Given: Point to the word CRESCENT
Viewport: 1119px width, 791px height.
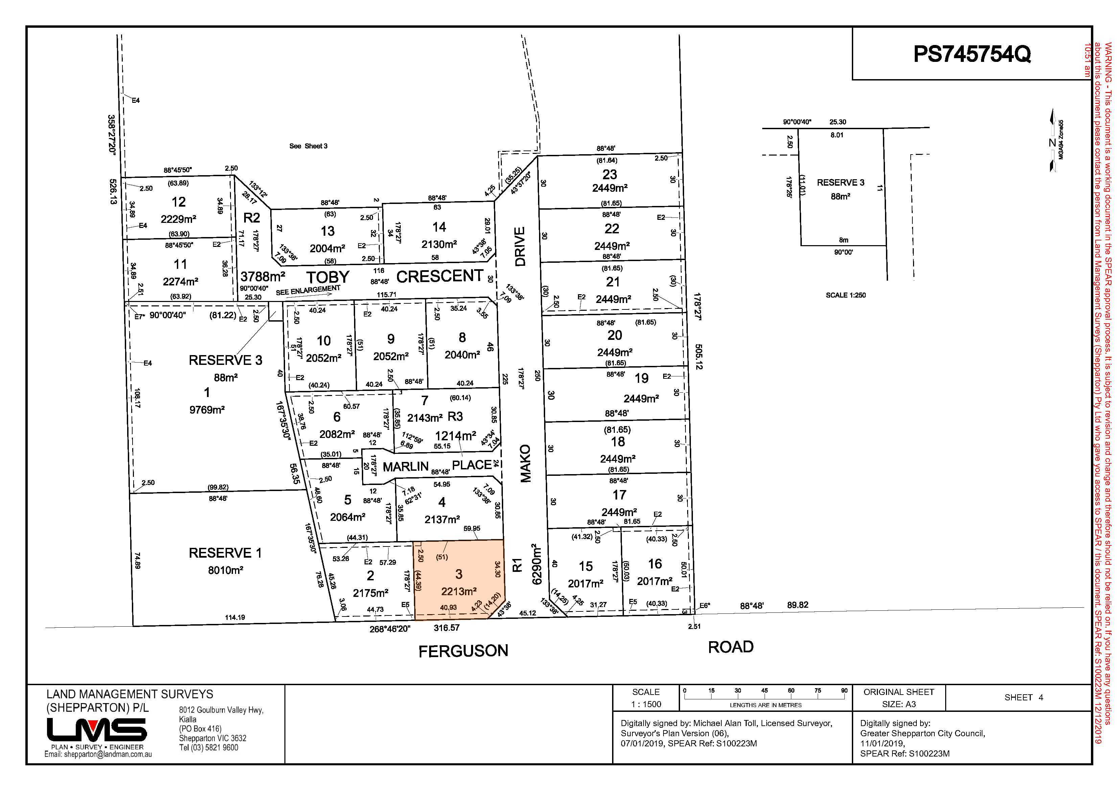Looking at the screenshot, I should click(x=440, y=276).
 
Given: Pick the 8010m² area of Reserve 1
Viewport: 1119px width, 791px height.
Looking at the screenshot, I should click(x=225, y=570).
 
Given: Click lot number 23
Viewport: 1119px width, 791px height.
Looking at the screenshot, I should click(x=610, y=175).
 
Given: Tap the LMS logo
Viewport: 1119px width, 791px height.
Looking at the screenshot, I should click(x=96, y=729).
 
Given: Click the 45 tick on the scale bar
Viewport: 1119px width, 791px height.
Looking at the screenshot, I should click(x=764, y=691).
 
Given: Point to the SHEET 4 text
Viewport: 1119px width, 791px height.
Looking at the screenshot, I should click(x=1024, y=697).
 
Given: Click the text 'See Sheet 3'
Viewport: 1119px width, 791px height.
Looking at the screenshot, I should click(x=308, y=146).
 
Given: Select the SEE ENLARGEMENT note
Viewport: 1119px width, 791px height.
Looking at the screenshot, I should click(x=307, y=291).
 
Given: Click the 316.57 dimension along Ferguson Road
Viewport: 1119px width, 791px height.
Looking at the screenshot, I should click(x=446, y=628).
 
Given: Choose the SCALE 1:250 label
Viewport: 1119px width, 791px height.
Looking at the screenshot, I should click(x=845, y=295).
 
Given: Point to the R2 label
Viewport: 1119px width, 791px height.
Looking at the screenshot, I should click(x=252, y=217).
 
